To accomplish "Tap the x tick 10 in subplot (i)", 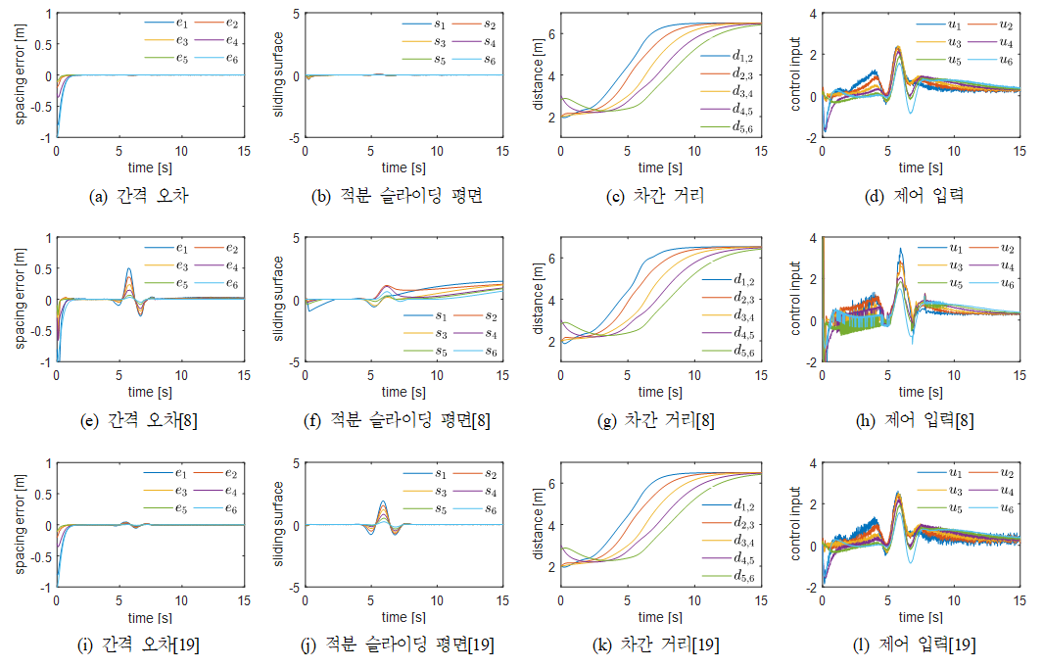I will tap(181, 601).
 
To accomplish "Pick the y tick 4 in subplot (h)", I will tap(814, 238).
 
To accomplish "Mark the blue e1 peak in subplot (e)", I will tap(128, 269).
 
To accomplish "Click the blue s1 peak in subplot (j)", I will tap(382, 502).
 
